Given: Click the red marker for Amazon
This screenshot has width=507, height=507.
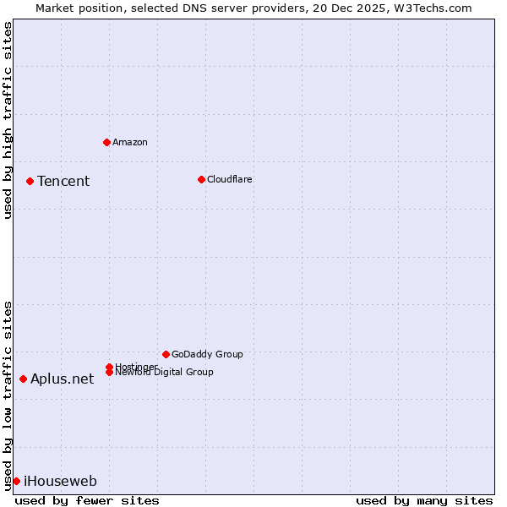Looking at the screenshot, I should click(x=106, y=142).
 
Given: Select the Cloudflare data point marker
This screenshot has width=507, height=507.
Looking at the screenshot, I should click(x=201, y=179).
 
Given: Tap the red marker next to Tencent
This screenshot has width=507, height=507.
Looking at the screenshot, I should click(x=30, y=181).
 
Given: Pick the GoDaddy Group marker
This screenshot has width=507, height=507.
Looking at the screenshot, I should click(x=166, y=354).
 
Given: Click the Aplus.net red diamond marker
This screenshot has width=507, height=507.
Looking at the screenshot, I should click(x=23, y=379).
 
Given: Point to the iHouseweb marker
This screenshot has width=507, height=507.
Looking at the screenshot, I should click(x=16, y=481).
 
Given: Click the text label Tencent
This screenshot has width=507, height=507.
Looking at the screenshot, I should click(x=63, y=181).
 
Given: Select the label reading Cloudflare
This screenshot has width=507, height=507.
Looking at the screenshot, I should click(x=229, y=179).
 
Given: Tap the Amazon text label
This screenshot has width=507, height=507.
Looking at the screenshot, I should click(x=129, y=142).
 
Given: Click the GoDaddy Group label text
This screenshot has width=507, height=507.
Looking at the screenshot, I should click(x=207, y=354).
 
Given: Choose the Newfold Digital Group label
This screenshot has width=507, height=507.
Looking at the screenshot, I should click(x=164, y=373).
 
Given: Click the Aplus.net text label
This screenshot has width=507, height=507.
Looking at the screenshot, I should click(x=62, y=379).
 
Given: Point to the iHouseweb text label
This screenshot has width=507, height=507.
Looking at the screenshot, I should click(x=60, y=482).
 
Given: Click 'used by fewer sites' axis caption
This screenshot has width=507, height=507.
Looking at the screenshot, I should click(x=87, y=500).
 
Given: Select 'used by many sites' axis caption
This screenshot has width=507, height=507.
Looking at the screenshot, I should click(x=424, y=500).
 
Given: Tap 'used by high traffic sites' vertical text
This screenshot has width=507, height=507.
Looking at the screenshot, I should click(x=8, y=120).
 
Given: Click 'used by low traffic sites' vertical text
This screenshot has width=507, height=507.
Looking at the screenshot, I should click(x=8, y=395).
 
